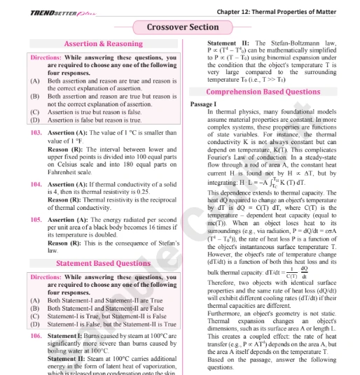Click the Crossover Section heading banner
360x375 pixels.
179,27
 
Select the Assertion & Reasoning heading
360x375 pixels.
103,44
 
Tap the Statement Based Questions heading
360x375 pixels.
103,263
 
